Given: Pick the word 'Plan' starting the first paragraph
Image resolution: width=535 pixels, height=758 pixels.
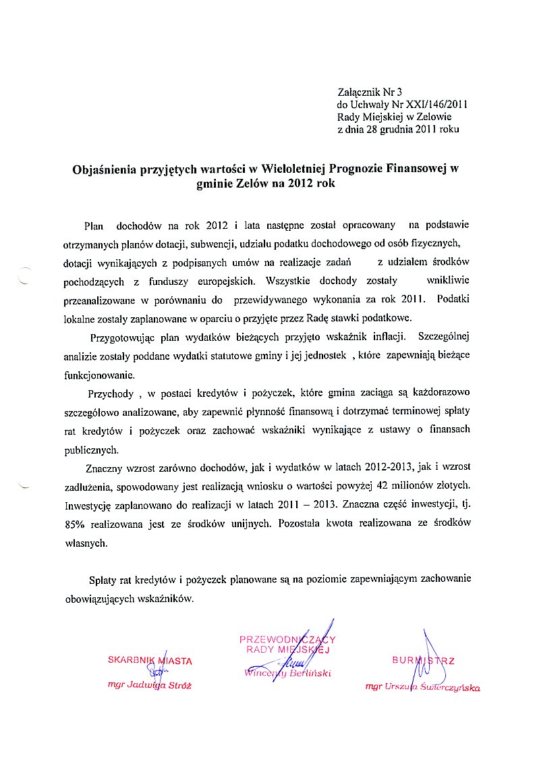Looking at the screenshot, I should [x=94, y=224].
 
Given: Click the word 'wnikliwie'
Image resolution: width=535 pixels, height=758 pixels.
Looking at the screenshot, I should [x=448, y=279].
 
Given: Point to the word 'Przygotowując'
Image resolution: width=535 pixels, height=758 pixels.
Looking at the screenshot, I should [x=121, y=336].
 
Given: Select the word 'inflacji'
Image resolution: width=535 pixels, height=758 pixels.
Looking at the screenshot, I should [x=387, y=336].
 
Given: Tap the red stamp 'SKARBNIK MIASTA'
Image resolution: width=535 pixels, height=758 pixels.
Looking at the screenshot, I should [x=150, y=660].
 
